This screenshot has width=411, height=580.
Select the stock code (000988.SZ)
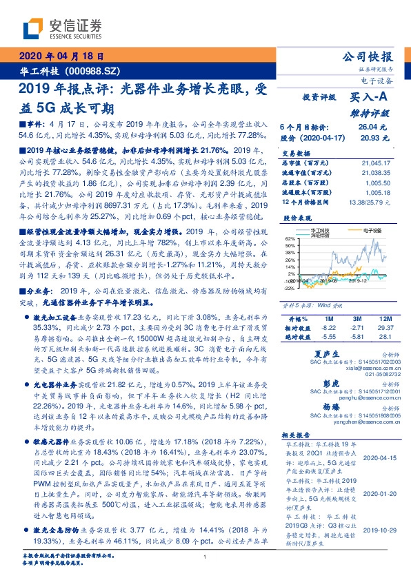pyautogui.click(x=94, y=70)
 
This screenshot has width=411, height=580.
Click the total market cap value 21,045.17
pyautogui.click(x=376, y=163)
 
